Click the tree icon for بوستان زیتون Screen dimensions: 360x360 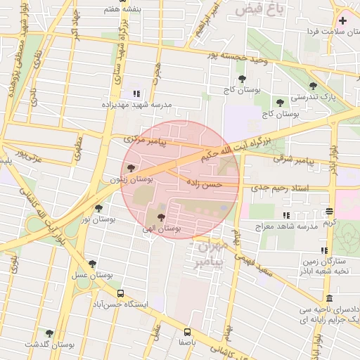point(131,168)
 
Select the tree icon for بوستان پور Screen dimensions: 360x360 point(98,208)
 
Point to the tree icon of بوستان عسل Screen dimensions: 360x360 point(92,264)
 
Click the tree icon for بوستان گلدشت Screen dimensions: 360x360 point(49,333)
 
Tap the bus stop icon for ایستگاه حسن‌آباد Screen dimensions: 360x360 point(120,293)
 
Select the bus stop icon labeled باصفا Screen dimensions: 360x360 point(187,331)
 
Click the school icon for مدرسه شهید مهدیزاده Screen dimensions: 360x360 point(136,94)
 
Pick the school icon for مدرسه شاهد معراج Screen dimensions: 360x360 point(285,215)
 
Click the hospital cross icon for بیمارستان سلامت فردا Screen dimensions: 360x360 point(342,20)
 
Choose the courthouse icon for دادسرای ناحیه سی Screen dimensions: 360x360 point(330,298)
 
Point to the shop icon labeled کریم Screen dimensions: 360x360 point(330,212)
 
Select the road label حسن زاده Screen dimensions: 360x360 point(204,184)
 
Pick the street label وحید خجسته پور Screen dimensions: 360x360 point(233,56)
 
